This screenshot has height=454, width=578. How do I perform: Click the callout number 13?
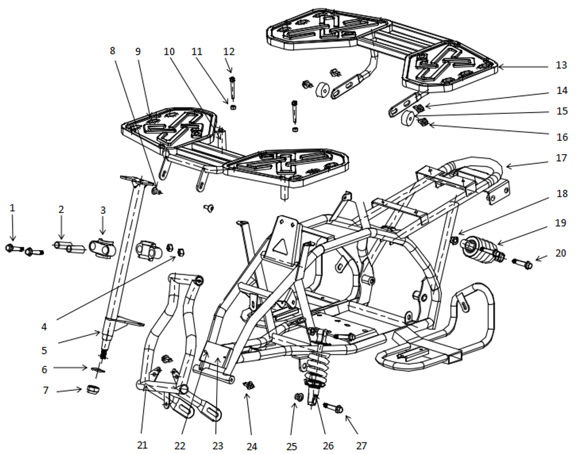(x=561, y=65)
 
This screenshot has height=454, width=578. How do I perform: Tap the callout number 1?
(x=12, y=207)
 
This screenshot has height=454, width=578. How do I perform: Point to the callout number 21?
(x=142, y=445)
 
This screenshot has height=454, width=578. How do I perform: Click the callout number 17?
(x=561, y=157)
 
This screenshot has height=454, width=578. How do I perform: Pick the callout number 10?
(x=169, y=51)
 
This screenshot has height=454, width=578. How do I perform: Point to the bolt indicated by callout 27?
(x=334, y=408)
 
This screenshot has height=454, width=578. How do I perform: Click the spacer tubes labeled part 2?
(x=69, y=248)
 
